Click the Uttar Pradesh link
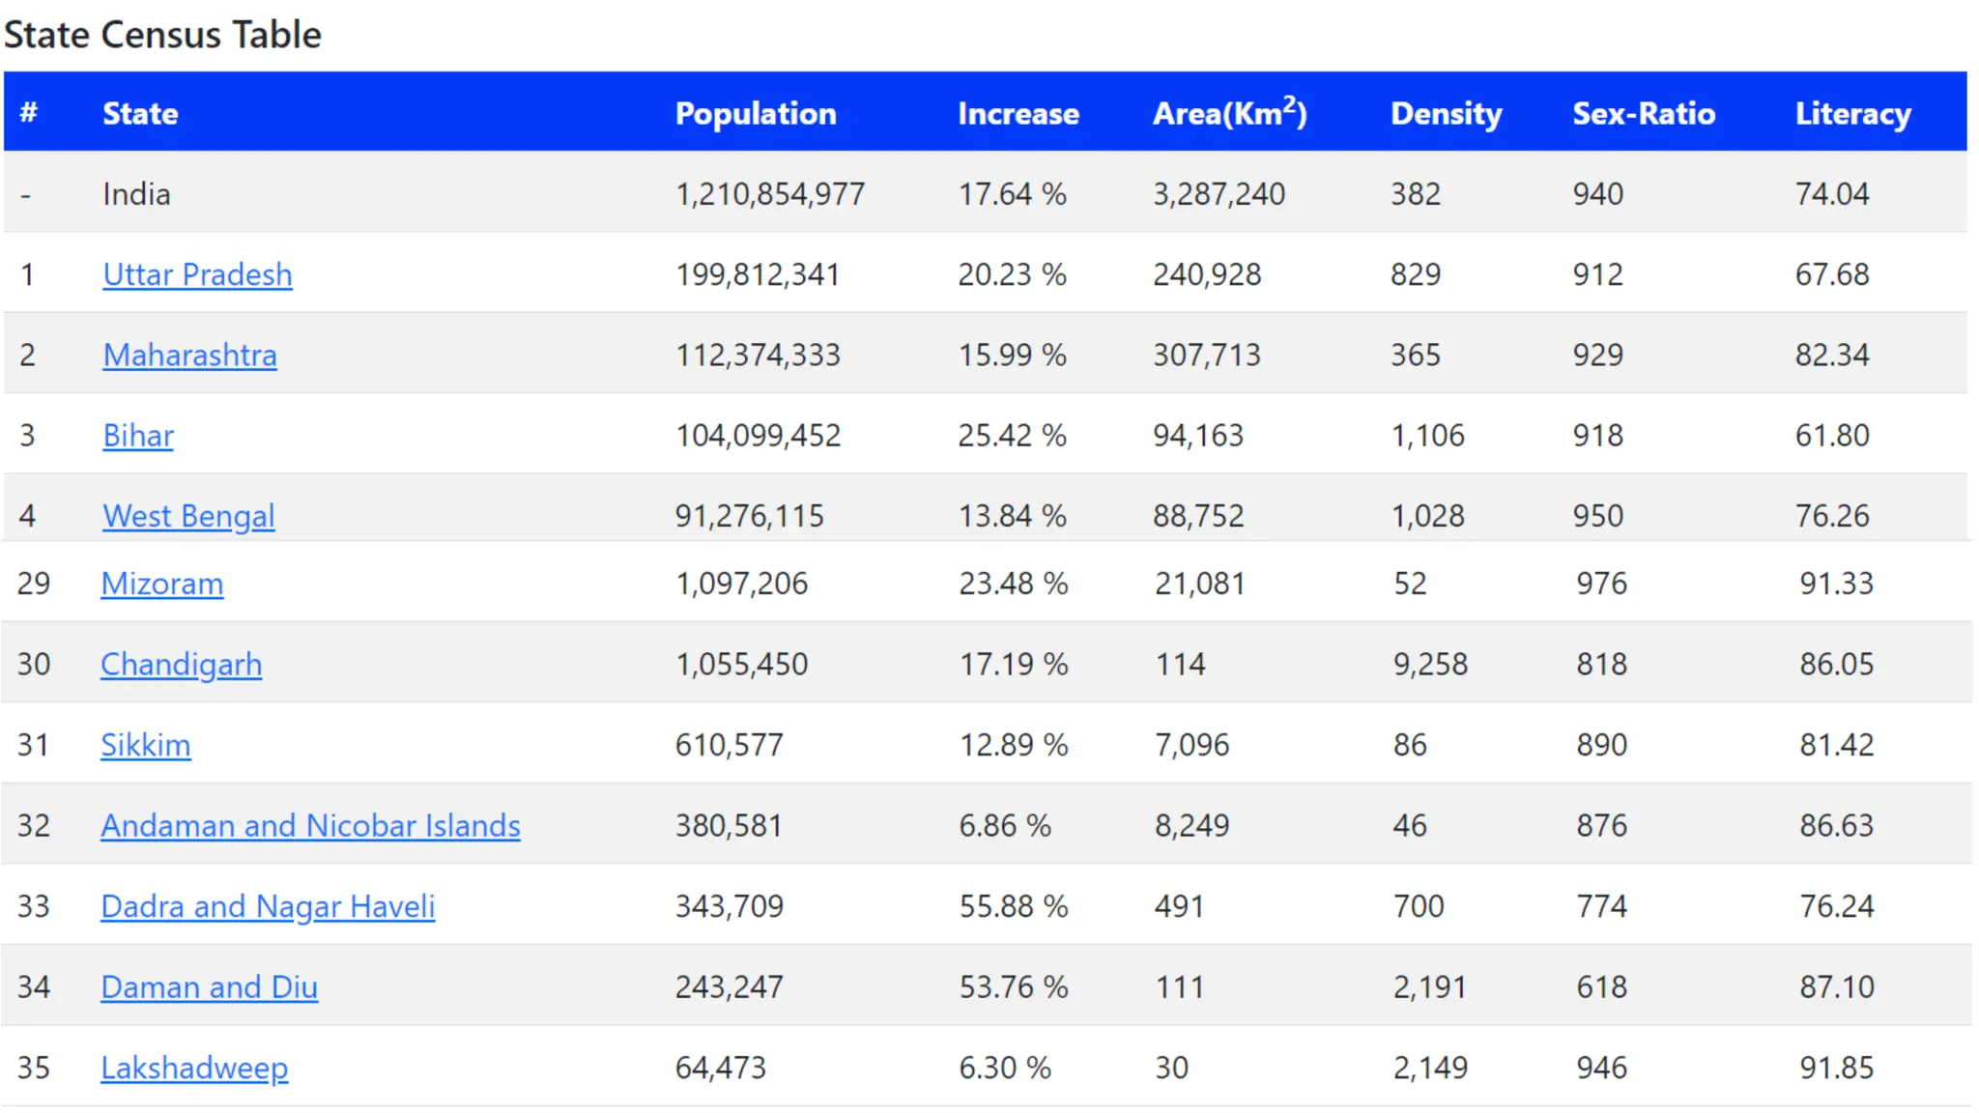tap(197, 274)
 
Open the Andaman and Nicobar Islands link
tap(310, 825)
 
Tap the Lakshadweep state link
tap(194, 1068)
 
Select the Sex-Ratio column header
tap(1644, 113)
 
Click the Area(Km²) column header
tap(1229, 113)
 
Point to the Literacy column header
tap(1852, 113)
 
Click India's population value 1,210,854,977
tap(770, 194)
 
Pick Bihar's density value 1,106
tap(1427, 436)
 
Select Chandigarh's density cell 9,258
tap(1430, 665)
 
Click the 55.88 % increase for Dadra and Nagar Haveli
tap(1013, 906)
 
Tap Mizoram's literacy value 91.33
tap(1836, 584)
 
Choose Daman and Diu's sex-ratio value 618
tap(1601, 987)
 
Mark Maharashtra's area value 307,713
tap(1206, 356)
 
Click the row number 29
tap(34, 584)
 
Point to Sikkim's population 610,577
tap(729, 745)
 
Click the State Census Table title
tap(162, 35)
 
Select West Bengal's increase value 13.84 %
tap(1012, 516)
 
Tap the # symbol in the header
tap(29, 112)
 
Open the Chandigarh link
tap(181, 665)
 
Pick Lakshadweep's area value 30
tap(1171, 1068)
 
